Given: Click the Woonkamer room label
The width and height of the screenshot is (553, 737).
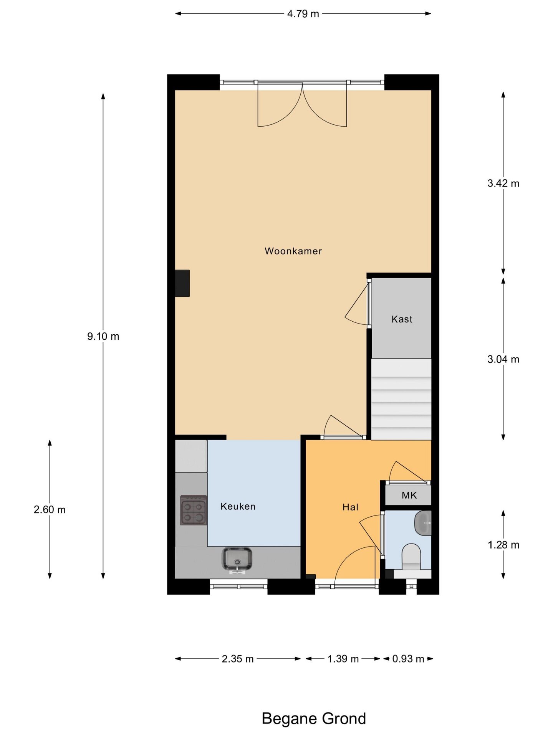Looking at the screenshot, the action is [x=293, y=251].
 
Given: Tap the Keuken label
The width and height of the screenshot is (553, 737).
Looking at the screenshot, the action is [x=238, y=506].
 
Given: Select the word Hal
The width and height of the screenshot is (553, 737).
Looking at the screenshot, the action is [x=350, y=507].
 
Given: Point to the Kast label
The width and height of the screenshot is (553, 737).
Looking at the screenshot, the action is [x=402, y=319].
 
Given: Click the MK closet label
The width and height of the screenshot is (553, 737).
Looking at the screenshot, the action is [x=409, y=495].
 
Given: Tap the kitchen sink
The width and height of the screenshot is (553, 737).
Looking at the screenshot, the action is [x=237, y=559].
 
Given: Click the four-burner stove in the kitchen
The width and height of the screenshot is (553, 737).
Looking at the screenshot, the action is [x=194, y=510].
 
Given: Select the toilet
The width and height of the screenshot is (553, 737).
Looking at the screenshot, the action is [x=411, y=556].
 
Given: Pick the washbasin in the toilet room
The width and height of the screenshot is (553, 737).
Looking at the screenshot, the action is [x=423, y=523].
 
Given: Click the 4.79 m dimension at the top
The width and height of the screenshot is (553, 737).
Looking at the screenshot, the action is [x=303, y=14].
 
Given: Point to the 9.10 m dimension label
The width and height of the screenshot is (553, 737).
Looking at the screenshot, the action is [x=103, y=336].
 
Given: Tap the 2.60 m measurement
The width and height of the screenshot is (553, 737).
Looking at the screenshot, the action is [x=50, y=509].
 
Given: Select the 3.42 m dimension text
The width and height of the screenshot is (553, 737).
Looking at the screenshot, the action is [x=503, y=183].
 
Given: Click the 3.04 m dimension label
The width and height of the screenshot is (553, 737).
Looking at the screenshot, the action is [x=503, y=359].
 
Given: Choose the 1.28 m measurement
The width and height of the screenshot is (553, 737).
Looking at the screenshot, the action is [x=503, y=545].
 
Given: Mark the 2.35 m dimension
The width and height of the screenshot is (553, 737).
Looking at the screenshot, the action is [x=238, y=659].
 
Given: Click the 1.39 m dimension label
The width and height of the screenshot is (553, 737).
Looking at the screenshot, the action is [x=343, y=659].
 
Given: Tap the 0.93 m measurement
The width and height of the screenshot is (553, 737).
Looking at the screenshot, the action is [x=408, y=659].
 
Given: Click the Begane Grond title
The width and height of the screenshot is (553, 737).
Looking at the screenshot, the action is [x=314, y=719].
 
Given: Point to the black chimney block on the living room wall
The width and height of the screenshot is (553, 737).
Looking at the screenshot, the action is [x=182, y=283].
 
